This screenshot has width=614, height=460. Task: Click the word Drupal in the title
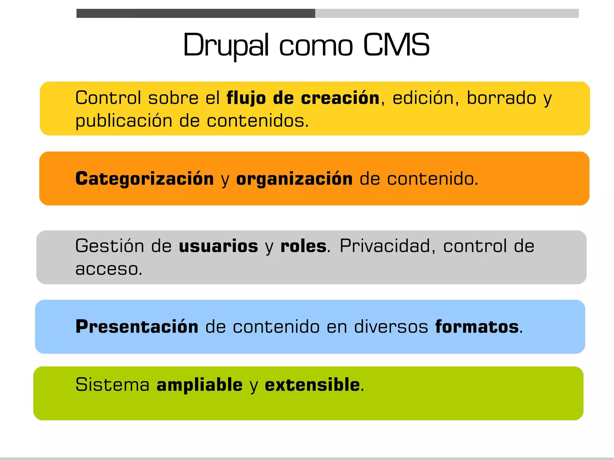point(225,45)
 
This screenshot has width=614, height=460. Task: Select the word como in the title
point(316,46)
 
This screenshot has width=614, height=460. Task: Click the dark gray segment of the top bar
point(195,13)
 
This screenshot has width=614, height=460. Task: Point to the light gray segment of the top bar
point(447,13)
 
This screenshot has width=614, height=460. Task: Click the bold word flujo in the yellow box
point(246,98)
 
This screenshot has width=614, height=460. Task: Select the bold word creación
point(340,98)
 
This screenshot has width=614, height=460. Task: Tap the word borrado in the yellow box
point(501,98)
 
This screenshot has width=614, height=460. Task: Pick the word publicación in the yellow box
point(124,121)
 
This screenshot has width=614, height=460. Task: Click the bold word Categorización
point(145,179)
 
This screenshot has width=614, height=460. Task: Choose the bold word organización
point(294,179)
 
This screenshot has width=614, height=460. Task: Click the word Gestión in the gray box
point(110,246)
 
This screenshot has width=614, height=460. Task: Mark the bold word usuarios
point(218,246)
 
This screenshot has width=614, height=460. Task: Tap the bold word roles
point(303,246)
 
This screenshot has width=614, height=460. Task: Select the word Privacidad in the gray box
point(385,246)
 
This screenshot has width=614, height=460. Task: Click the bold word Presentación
point(137,326)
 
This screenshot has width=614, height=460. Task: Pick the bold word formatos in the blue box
point(477,326)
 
